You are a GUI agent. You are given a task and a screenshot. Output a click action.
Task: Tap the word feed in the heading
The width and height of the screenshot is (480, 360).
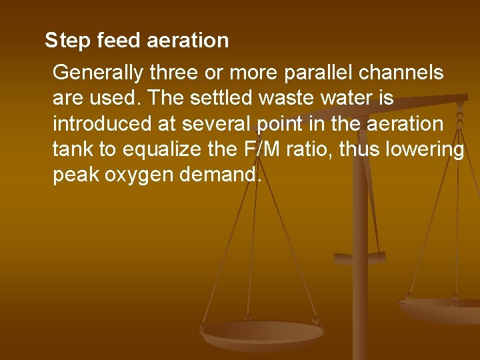pos(119,41)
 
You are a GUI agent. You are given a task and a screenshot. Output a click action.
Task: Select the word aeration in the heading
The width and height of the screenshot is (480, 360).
pos(187,41)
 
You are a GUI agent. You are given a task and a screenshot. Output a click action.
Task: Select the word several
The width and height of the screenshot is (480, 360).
pos(229,123)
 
